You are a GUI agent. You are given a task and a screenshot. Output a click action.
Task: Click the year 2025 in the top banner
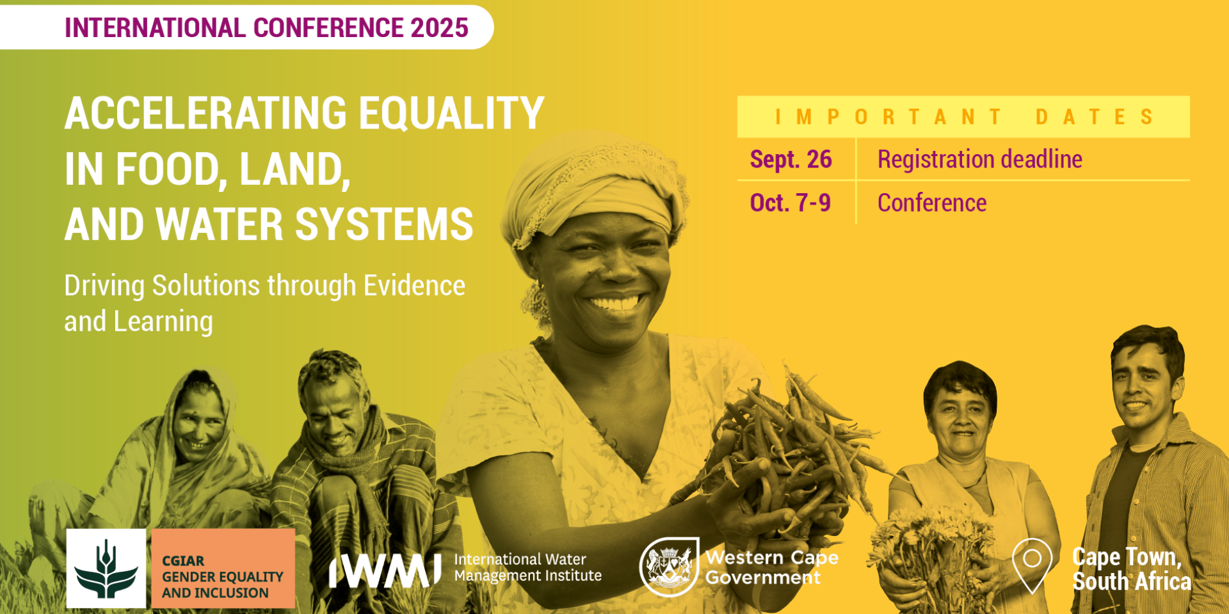[x=440, y=28]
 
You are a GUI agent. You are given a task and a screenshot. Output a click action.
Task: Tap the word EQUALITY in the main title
[x=451, y=114]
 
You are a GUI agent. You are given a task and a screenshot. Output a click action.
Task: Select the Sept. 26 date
[x=791, y=159]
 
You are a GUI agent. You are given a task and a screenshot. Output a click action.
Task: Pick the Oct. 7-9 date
[x=791, y=203]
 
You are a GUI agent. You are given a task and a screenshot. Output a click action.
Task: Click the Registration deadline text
[x=980, y=160]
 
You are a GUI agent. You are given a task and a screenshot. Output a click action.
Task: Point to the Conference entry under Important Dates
[x=932, y=203]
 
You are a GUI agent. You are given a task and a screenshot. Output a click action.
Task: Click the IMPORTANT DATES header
[x=964, y=117]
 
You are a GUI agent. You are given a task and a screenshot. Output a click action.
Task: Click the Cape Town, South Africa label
[x=1132, y=569]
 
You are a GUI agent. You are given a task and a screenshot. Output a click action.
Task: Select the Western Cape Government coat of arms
[x=669, y=567]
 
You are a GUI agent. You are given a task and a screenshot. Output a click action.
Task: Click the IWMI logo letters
[x=385, y=571]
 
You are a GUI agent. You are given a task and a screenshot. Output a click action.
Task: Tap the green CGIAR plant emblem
[x=106, y=569]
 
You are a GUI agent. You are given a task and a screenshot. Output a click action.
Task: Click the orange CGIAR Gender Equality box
[x=223, y=569]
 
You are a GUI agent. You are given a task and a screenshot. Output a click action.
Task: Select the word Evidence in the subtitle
[x=414, y=286]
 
